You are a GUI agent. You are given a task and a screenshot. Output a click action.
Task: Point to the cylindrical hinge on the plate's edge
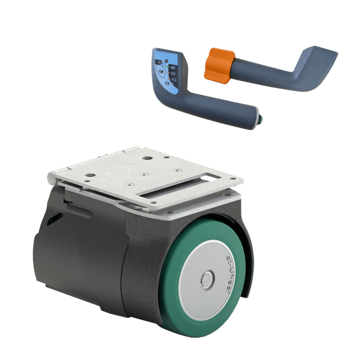(x=51, y=178)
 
